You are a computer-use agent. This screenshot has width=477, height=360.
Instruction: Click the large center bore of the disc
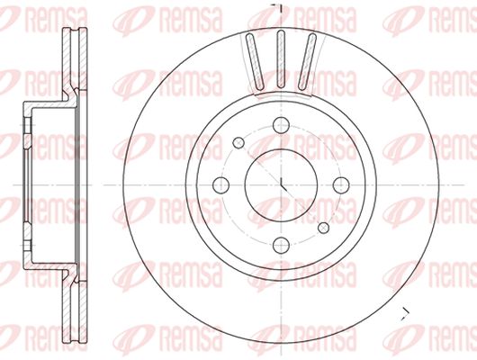point(281,185)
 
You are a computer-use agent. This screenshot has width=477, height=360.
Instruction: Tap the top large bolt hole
point(281,125)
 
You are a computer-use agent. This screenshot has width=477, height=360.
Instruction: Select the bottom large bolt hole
point(281,245)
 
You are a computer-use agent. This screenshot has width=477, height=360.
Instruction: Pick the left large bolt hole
point(220,185)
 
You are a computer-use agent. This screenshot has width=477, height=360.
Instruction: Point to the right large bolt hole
point(341,185)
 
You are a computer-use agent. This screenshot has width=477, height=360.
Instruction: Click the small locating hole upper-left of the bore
point(238,143)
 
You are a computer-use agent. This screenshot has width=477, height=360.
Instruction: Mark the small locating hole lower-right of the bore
point(323,228)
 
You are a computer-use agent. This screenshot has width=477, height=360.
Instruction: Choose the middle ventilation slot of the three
point(281,59)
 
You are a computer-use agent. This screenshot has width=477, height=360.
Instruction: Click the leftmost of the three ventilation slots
point(255,61)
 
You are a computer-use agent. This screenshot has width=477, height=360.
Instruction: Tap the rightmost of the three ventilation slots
point(307,61)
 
